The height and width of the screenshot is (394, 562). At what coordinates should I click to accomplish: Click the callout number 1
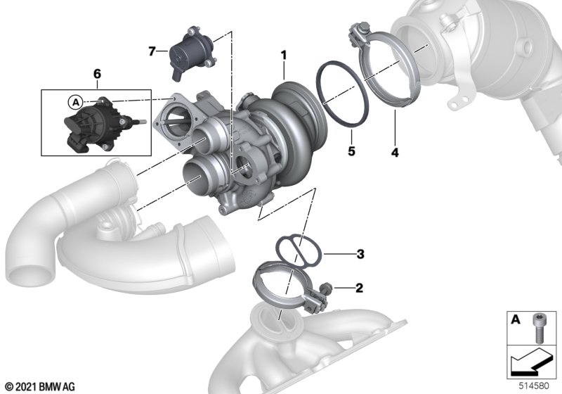284,56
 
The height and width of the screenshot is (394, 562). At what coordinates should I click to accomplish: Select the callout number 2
359,288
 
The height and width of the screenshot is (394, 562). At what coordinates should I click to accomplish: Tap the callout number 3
360,254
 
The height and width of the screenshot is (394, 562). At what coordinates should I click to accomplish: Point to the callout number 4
395,153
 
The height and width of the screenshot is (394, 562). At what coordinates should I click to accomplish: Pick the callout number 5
351,151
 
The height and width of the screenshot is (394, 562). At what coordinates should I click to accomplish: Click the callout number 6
97,74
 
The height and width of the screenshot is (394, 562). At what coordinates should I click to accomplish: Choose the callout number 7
152,51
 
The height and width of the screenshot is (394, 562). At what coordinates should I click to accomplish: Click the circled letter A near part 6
76,102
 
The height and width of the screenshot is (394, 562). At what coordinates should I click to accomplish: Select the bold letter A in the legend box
516,319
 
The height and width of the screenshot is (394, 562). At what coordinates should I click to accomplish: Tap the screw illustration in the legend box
538,328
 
